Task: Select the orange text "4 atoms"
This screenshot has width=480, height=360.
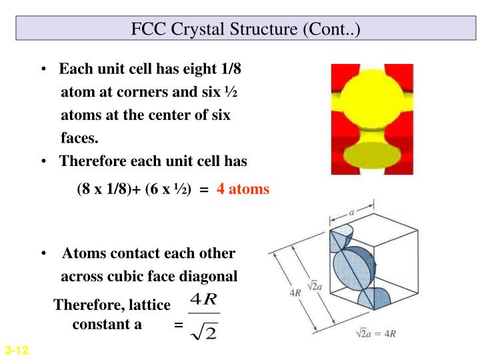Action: point(243,189)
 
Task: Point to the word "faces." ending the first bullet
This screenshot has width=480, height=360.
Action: point(79,139)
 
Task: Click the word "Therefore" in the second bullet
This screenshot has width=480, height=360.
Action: point(91,161)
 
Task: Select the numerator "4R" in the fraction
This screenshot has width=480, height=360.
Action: point(203,297)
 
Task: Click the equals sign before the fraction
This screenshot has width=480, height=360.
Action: point(178,326)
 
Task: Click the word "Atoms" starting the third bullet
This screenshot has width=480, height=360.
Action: point(84,253)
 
